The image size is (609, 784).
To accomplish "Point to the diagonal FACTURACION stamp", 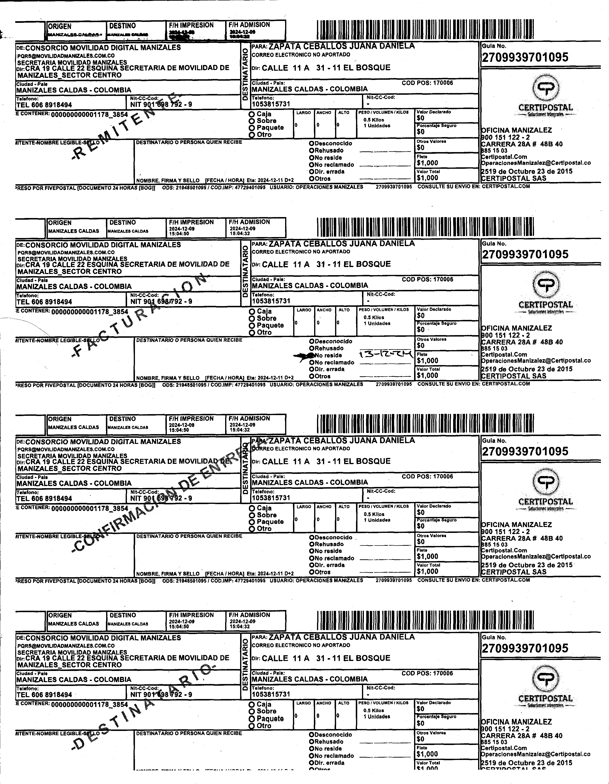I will pos(140,316).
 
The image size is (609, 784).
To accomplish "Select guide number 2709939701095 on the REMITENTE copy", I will pos(525,57).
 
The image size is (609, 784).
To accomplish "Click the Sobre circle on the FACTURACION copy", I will pos(252,318).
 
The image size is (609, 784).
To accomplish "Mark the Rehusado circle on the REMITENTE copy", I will pos(312,151).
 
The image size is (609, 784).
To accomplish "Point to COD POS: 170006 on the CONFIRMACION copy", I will pos(427,476).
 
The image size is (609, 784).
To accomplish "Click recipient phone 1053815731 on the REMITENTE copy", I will pos(271,104).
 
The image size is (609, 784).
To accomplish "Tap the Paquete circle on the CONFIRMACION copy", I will pos(252,521).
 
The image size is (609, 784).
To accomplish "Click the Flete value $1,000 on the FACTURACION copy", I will pos(427,360).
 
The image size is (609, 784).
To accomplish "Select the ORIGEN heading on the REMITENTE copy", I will pos(59,26).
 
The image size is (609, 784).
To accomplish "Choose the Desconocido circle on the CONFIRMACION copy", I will pos(312,537).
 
